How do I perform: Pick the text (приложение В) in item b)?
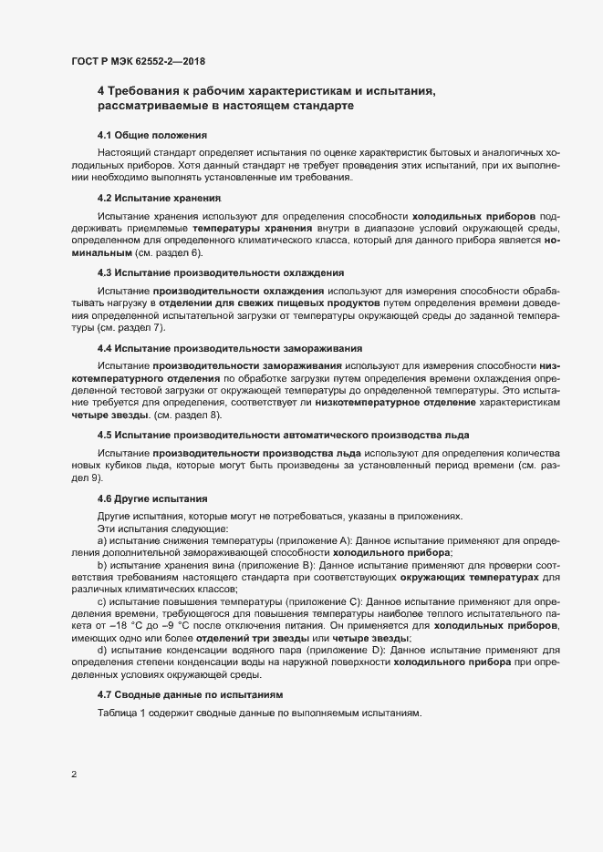(x=265, y=565)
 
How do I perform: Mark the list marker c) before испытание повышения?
(x=102, y=602)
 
